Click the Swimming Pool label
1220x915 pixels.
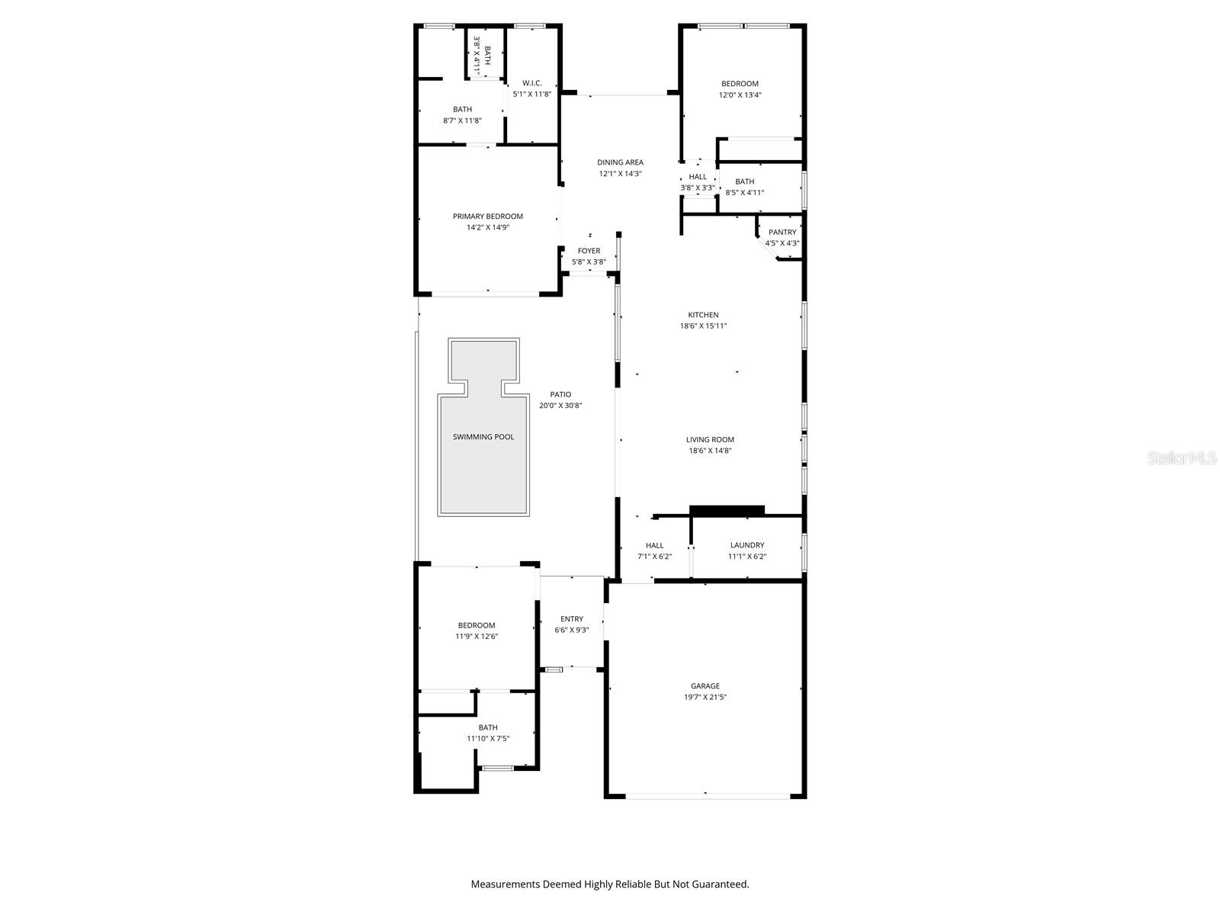point(483,437)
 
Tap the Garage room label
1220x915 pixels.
point(705,686)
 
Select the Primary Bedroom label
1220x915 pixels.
point(488,217)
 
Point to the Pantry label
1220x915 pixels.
point(782,233)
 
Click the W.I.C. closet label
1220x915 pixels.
point(531,83)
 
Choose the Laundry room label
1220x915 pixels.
point(747,545)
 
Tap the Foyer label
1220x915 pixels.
point(589,251)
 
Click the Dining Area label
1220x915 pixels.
point(620,162)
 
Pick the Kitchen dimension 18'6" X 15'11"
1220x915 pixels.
point(704,326)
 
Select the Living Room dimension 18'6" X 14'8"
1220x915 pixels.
point(710,451)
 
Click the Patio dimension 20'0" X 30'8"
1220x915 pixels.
point(560,406)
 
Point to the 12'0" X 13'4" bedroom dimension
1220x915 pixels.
point(740,95)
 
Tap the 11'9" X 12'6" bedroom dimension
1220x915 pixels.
point(477,637)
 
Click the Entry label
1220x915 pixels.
point(572,619)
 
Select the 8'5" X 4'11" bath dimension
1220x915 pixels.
point(745,193)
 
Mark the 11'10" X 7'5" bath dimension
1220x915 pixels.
point(488,739)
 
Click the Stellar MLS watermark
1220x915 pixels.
point(1183,458)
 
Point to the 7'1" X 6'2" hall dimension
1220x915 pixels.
point(654,557)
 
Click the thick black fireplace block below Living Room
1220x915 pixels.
point(727,510)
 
